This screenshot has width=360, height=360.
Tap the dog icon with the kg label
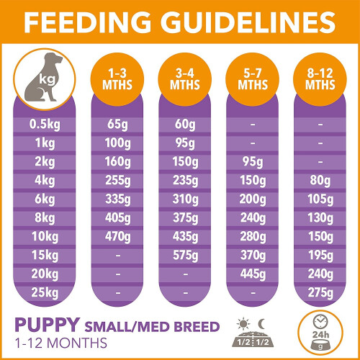pos(45,80)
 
